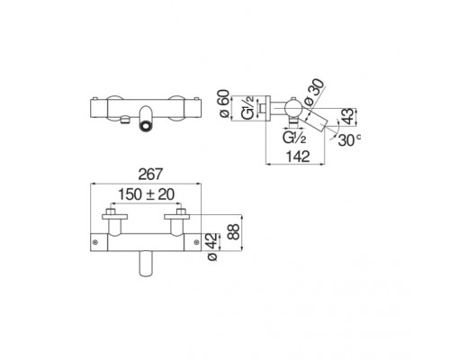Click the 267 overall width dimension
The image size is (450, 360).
click(150, 175)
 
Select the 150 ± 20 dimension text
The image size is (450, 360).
click(146, 194)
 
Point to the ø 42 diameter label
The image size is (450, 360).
click(212, 247)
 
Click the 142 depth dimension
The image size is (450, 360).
click(298, 157)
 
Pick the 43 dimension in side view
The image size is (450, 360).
click(348, 117)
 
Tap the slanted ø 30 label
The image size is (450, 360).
click(314, 93)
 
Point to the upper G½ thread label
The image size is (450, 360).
click(248, 108)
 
